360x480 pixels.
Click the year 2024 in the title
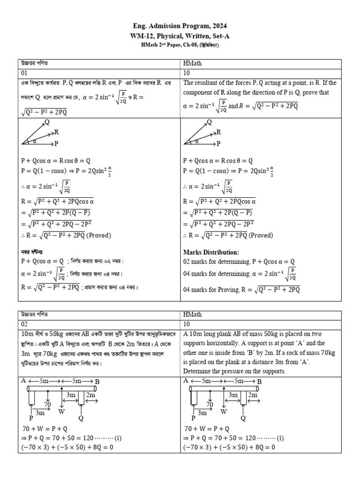(219, 26)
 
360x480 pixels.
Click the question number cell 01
(24, 73)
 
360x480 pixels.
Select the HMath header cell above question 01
(193, 63)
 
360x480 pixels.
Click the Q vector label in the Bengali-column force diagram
(46, 122)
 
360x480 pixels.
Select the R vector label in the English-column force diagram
(218, 132)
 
